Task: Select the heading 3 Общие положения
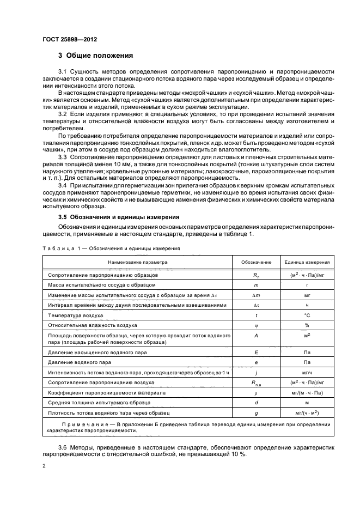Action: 95,56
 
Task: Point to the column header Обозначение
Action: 256,262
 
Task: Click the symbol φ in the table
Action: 256,325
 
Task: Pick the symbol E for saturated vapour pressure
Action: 256,353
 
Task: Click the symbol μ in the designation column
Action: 256,392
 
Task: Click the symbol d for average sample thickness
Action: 256,403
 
